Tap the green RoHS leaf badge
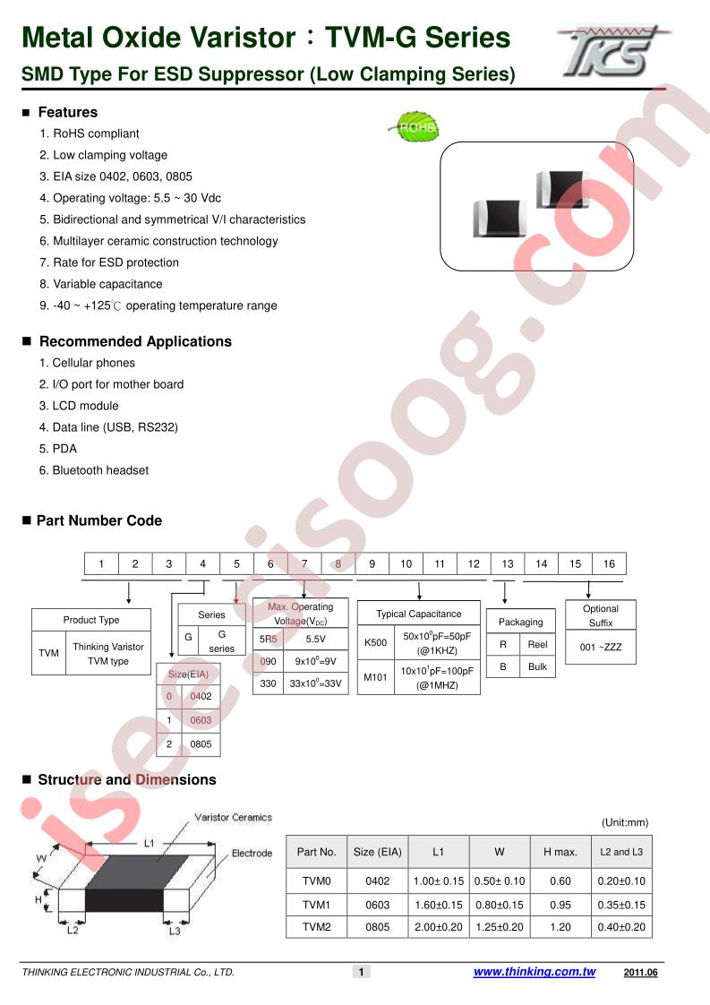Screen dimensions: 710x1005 [415, 127]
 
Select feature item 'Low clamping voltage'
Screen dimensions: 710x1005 [103, 155]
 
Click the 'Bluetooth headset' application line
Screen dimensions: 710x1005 [93, 470]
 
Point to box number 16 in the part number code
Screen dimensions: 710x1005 [609, 563]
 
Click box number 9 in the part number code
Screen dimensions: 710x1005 [372, 563]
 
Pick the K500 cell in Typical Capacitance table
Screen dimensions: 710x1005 [375, 642]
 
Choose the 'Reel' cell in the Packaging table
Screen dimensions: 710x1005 [537, 645]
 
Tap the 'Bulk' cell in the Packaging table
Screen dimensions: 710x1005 [537, 666]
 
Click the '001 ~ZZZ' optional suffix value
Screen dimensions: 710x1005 [601, 647]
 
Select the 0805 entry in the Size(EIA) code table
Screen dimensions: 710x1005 [201, 744]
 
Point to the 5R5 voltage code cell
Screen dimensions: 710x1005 [269, 639]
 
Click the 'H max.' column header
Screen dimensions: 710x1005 [560, 852]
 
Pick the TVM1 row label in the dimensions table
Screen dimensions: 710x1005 [317, 905]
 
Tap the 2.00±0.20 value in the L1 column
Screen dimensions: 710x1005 [439, 927]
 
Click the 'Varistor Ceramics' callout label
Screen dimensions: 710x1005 [234, 817]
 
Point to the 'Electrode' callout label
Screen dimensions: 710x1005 [252, 853]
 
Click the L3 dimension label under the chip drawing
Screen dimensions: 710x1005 [175, 931]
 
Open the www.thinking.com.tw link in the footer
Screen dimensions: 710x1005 [535, 972]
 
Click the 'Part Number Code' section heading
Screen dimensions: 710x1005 [98, 520]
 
